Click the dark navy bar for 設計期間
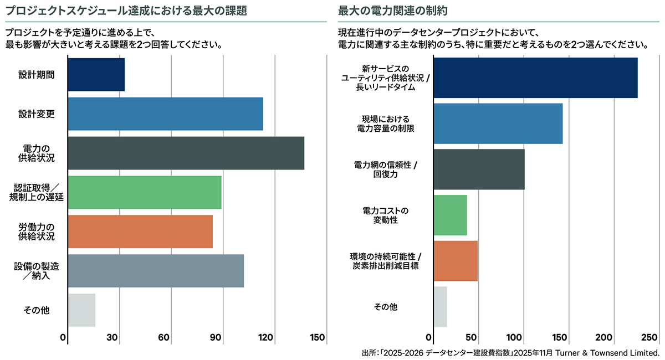(96, 75)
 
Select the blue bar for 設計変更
(165, 114)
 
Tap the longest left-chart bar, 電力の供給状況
(186, 153)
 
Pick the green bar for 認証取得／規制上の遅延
(145, 192)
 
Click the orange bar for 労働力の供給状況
(140, 232)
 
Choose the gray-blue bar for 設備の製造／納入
(156, 271)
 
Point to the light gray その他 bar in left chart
(81, 310)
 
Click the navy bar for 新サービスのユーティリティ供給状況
(535, 78)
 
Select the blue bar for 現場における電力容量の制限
(498, 124)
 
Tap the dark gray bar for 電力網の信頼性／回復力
(478, 169)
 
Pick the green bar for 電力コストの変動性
(450, 215)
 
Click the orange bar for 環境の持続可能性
(455, 261)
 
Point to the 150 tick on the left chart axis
(318, 338)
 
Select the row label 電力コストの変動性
(388, 215)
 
